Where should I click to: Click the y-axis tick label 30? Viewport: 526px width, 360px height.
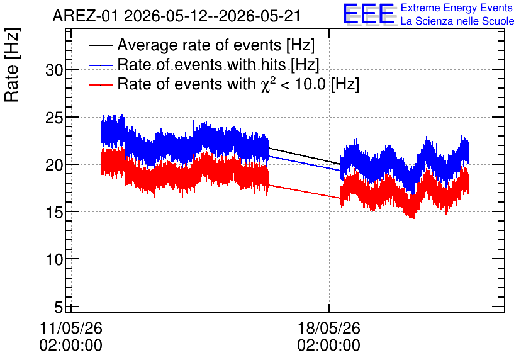tap(54, 70)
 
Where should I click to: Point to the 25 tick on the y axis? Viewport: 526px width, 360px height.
tap(54, 118)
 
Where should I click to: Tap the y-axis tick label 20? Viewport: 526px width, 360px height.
tap(54, 165)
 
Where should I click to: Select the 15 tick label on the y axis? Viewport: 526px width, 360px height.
tap(54, 212)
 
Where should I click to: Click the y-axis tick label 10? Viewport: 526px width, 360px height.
tap(54, 259)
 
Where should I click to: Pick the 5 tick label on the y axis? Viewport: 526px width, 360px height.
tap(59, 307)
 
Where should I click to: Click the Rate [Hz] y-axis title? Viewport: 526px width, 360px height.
tap(12, 65)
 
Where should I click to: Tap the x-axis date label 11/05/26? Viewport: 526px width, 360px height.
tap(70, 328)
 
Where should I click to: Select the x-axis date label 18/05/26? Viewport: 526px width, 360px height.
tap(328, 328)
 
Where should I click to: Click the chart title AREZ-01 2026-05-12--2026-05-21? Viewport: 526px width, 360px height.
tap(176, 16)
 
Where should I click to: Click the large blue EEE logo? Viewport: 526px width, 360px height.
tap(368, 14)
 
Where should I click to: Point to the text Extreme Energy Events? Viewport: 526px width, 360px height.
tap(457, 8)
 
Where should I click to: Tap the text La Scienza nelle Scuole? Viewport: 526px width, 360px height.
tap(457, 21)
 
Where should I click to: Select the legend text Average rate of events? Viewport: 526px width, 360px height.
tap(199, 45)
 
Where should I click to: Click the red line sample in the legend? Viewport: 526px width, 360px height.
tap(100, 85)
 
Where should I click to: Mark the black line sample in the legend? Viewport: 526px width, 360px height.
tap(100, 45)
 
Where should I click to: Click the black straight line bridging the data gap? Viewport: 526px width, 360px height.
tap(305, 155)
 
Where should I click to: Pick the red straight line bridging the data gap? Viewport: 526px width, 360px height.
tap(305, 191)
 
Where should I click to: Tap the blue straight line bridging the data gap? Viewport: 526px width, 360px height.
tap(305, 163)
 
